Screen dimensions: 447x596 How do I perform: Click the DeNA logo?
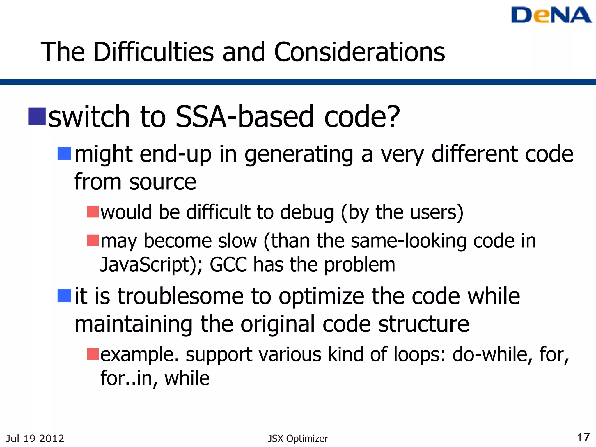coord(551,15)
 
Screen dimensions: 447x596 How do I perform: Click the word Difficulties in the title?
coord(154,52)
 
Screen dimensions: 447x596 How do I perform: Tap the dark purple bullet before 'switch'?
coord(37,116)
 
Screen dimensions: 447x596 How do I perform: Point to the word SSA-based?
coord(244,116)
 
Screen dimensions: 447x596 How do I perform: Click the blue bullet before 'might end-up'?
coord(64,154)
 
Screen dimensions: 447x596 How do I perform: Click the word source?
coord(163,182)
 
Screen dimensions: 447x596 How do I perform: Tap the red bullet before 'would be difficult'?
coord(93,212)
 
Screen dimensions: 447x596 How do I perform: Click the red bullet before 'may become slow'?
coord(93,240)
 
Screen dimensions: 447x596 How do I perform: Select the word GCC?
coord(228,265)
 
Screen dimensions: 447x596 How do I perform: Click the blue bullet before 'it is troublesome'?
coord(64,296)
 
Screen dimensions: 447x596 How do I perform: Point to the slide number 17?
coord(583,438)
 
